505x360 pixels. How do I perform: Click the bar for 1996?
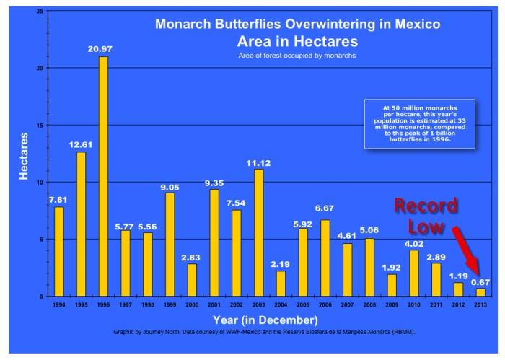103,176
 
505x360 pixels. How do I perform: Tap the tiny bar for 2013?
480,292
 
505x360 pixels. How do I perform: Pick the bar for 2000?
192,280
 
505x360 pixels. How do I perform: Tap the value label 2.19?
281,265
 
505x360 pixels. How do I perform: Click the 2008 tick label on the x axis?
369,304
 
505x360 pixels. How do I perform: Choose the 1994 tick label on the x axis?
58,304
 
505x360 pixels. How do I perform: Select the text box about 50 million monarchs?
419,124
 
